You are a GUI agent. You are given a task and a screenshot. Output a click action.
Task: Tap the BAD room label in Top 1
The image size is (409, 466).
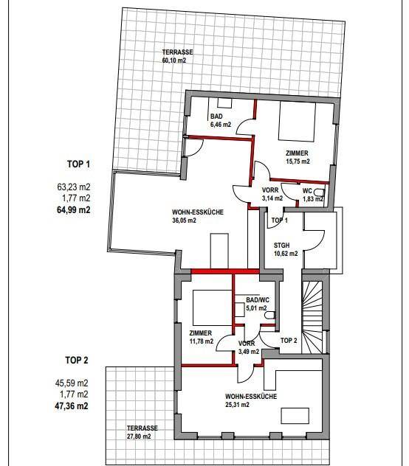[x=216, y=116]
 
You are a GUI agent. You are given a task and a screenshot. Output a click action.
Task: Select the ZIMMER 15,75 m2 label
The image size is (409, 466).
[x=298, y=157]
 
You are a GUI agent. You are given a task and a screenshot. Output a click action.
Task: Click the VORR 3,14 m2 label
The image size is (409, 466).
[x=272, y=194]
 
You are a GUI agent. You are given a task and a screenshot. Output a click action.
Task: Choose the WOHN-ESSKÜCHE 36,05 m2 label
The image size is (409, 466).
[x=198, y=216]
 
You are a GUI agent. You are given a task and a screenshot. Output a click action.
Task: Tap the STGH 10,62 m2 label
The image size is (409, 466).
[x=286, y=250]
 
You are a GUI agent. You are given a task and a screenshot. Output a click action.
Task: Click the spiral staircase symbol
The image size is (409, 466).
[x=312, y=317]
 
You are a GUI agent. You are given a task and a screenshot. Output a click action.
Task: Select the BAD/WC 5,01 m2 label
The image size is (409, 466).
[x=257, y=304]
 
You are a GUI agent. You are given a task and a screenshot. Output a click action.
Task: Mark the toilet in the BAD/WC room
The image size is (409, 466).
[x=269, y=315]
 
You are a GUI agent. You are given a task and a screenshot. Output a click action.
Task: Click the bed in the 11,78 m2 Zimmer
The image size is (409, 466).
[x=212, y=307]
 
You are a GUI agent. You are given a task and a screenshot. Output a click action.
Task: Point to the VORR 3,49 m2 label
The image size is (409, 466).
[x=249, y=348]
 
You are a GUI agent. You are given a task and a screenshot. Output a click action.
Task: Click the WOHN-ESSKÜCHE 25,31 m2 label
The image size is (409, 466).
[x=251, y=400]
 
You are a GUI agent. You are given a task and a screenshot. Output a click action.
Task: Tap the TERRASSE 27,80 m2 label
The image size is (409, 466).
[x=142, y=432]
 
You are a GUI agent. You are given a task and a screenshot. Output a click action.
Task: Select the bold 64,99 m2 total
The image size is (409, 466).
[x=74, y=210]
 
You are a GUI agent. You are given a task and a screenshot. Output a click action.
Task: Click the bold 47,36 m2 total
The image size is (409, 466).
[x=72, y=406]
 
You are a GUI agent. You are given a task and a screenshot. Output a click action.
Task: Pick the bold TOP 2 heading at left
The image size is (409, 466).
[x=77, y=361]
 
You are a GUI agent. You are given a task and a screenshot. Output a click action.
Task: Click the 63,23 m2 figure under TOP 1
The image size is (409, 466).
[x=74, y=187]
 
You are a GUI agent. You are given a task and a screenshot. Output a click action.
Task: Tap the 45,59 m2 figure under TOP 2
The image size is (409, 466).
[x=72, y=383]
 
